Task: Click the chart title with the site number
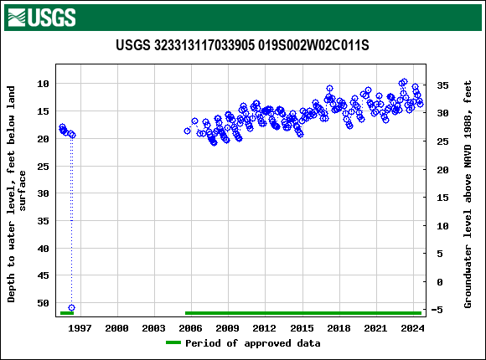[x=242, y=45]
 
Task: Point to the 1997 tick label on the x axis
[x=80, y=328]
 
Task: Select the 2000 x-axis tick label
[x=116, y=328]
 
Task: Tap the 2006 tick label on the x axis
[x=190, y=328]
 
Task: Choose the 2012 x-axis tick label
[x=264, y=328]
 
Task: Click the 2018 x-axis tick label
[x=338, y=328]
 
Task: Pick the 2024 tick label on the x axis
[x=411, y=328]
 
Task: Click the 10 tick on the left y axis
[x=44, y=84]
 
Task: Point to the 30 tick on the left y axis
[x=44, y=193]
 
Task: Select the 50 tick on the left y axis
[x=44, y=303]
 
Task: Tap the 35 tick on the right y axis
[x=443, y=85]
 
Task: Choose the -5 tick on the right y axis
[x=443, y=310]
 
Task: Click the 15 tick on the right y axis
[x=443, y=198]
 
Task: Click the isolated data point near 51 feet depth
[x=71, y=308]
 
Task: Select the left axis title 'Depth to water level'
[x=18, y=193]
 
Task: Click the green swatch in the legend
[x=173, y=343]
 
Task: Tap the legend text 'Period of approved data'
[x=252, y=343]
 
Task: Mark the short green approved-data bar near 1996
[x=67, y=313]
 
